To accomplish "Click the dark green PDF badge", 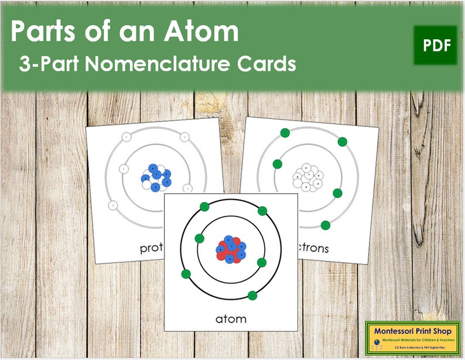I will [x=435, y=45].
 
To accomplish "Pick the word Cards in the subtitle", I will [x=266, y=64].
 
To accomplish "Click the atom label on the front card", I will [x=230, y=318].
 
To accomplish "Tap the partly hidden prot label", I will [x=152, y=248].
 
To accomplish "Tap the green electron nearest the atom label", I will [x=252, y=295].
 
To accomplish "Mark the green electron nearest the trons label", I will [x=326, y=225].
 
